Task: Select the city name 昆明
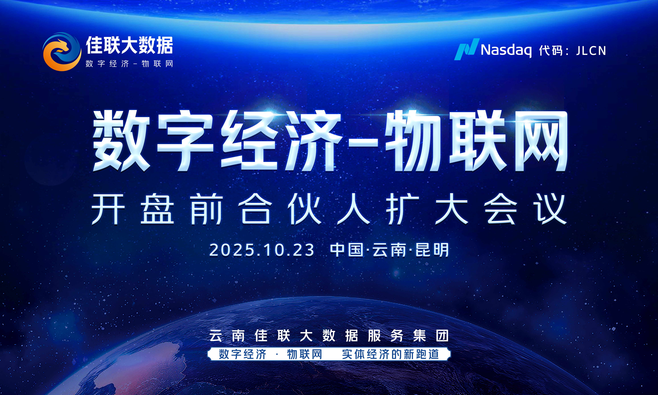click(432, 250)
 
